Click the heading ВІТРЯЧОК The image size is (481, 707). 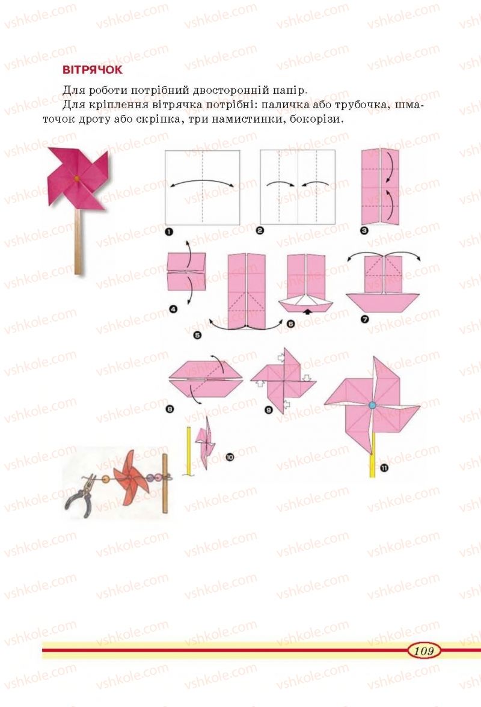pyautogui.click(x=93, y=70)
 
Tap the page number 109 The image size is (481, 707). pyautogui.click(x=423, y=650)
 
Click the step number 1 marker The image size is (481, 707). pyautogui.click(x=169, y=232)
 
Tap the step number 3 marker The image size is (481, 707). pyautogui.click(x=364, y=230)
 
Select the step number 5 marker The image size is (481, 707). pyautogui.click(x=197, y=335)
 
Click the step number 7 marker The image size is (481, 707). pyautogui.click(x=365, y=319)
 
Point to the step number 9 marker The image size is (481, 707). pyautogui.click(x=269, y=410)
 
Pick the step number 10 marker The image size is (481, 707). pyautogui.click(x=230, y=458)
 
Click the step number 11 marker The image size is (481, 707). pyautogui.click(x=384, y=468)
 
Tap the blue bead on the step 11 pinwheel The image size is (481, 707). pyautogui.click(x=372, y=405)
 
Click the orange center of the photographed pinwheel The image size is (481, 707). pyautogui.click(x=76, y=179)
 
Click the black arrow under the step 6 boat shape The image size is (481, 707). pyautogui.click(x=307, y=311)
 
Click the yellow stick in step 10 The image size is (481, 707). pyautogui.click(x=188, y=451)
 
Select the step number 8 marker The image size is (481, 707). pyautogui.click(x=170, y=409)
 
